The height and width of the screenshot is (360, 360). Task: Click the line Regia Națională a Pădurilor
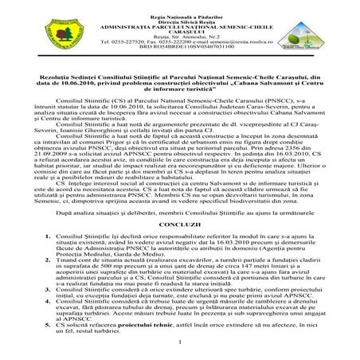click(x=180, y=7)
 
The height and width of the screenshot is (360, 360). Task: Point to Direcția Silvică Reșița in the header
click(x=180, y=14)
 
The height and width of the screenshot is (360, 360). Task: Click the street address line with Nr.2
click(x=180, y=30)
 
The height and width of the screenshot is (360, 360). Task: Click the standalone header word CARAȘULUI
click(x=180, y=25)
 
